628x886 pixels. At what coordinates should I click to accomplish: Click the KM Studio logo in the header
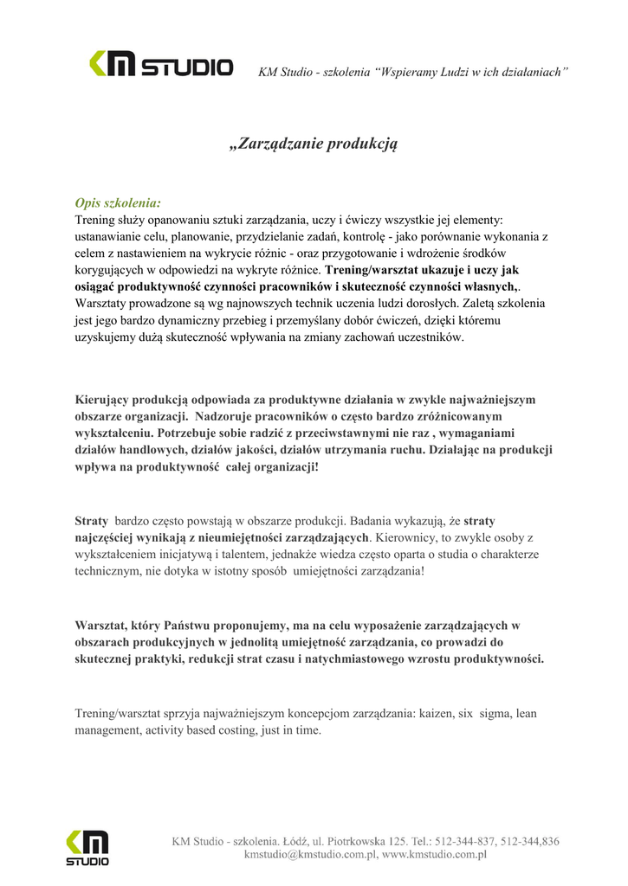161,66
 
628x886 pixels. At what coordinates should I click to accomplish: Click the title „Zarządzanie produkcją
313,144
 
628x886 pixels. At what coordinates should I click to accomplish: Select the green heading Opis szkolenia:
118,203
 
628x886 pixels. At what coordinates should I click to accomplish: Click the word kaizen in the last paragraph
438,714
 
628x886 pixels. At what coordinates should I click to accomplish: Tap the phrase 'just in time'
295,730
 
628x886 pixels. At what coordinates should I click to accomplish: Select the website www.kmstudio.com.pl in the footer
435,855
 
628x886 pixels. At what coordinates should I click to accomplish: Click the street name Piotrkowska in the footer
355,840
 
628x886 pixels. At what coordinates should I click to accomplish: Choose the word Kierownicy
409,537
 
